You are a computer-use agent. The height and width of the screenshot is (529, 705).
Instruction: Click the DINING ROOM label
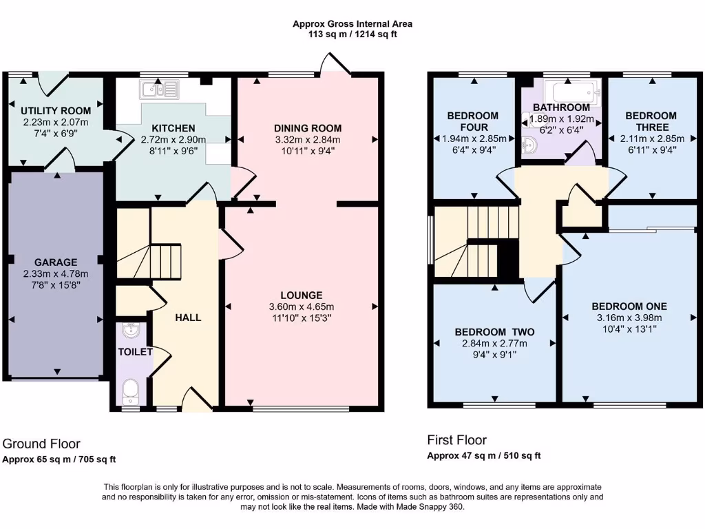click(307, 128)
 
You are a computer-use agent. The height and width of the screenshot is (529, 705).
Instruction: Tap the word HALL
click(188, 318)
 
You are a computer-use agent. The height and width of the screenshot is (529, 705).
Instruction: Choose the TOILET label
click(135, 352)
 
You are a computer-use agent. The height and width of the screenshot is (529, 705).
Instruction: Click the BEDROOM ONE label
click(629, 307)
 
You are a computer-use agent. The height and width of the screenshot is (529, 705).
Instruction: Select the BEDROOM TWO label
click(494, 332)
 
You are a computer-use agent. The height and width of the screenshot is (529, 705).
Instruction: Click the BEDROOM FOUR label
click(472, 121)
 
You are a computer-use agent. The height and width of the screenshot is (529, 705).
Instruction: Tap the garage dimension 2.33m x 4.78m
click(55, 273)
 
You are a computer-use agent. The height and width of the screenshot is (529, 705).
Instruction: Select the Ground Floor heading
click(41, 444)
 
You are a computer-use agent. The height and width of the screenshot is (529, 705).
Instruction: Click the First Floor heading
click(456, 440)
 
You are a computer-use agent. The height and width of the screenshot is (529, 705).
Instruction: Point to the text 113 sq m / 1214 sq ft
click(352, 34)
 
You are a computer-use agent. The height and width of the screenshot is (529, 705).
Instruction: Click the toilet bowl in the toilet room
click(130, 393)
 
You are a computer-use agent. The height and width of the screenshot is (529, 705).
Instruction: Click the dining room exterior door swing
click(336, 65)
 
